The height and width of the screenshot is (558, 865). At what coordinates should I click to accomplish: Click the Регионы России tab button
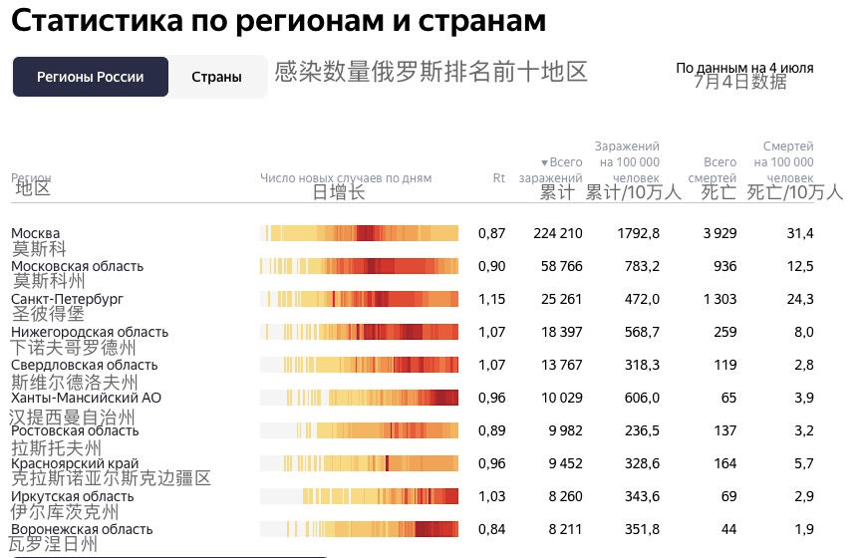90,77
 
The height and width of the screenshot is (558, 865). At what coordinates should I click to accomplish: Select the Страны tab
216,77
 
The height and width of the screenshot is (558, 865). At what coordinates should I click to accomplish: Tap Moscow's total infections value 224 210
557,233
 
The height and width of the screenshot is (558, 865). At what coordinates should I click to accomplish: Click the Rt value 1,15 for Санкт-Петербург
491,299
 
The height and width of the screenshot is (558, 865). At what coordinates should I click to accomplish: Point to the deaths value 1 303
720,299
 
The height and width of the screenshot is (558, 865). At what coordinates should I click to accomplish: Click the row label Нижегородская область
90,332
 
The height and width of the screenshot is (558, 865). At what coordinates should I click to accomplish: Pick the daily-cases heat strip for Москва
359,233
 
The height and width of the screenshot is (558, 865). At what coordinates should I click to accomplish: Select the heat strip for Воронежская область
359,529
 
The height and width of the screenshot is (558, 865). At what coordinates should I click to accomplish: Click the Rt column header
499,178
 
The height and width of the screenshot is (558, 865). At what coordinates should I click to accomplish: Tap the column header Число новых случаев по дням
346,178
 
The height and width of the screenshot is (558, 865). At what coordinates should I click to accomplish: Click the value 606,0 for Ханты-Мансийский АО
641,398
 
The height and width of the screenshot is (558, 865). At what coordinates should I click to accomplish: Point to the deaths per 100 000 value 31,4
800,233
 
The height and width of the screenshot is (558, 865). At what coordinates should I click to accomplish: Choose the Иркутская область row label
72,496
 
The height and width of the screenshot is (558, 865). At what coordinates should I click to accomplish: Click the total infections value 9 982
561,430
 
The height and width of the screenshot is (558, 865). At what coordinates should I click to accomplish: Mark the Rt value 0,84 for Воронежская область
491,529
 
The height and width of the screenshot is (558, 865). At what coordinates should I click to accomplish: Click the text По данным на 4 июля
744,68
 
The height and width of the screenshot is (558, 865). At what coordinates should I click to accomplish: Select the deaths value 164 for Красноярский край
724,463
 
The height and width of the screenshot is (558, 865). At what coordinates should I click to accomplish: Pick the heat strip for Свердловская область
359,365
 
